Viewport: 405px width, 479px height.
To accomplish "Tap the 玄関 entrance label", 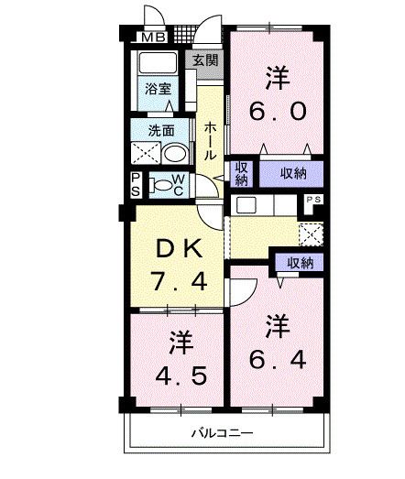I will click(x=206, y=61).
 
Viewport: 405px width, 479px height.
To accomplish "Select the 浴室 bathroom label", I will click(x=158, y=89).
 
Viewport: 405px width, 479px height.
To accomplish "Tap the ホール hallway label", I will click(x=210, y=142).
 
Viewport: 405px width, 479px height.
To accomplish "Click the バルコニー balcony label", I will click(x=222, y=432).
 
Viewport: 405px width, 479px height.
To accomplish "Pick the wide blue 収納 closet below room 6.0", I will click(x=288, y=172).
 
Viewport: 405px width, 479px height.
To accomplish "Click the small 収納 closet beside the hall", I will click(x=241, y=173).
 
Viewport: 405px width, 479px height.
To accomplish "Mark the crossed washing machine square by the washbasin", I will click(x=144, y=153).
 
